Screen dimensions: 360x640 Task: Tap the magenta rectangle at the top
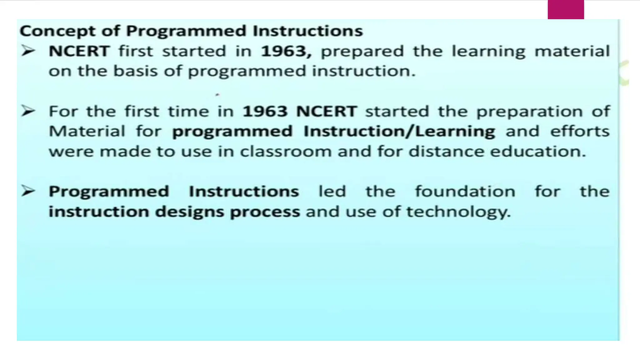click(x=566, y=10)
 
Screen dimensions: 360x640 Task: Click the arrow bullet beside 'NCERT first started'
click(x=28, y=51)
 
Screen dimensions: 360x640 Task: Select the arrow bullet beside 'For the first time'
click(x=28, y=111)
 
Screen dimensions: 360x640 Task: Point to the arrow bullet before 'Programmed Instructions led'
click(x=28, y=191)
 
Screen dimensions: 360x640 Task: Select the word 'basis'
click(x=135, y=71)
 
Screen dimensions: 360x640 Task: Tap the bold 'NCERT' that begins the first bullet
click(x=79, y=51)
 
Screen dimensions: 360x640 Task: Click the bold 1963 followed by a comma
click(x=286, y=51)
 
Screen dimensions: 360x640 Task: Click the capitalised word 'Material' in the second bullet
click(x=87, y=131)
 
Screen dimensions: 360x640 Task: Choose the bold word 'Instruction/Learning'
click(x=399, y=132)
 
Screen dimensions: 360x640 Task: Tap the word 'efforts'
click(x=580, y=131)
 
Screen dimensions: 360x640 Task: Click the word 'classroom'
click(x=286, y=152)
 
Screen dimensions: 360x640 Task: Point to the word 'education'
click(x=537, y=152)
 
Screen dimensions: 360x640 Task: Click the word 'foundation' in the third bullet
click(x=465, y=191)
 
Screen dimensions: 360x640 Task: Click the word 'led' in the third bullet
click(x=332, y=191)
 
